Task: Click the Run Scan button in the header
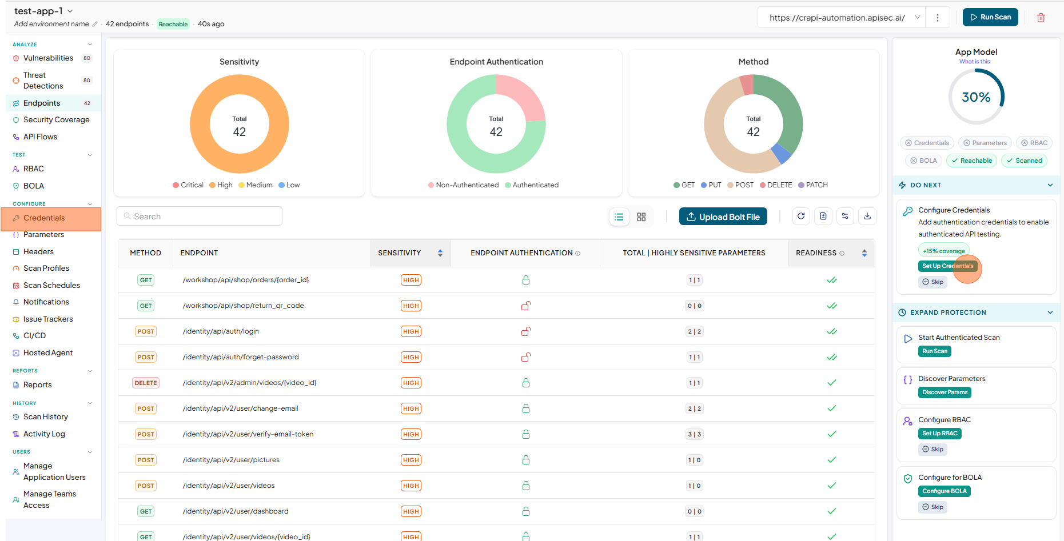[x=990, y=17]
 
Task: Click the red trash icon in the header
[x=1041, y=18]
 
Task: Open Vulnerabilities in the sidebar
[x=48, y=58]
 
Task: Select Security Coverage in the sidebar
[x=56, y=120]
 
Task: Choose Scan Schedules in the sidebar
[x=51, y=286]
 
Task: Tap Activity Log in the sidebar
[x=44, y=434]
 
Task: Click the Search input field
[x=200, y=217]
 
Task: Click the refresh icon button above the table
[x=801, y=217]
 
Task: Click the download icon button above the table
[x=867, y=217]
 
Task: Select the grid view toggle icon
[x=641, y=217]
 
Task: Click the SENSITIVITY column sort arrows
[x=440, y=253]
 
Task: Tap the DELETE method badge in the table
[x=146, y=383]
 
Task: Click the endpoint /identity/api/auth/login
[x=221, y=331]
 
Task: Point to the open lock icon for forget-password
[x=526, y=357]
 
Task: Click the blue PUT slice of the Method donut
[x=781, y=153]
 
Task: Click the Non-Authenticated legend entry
[x=464, y=185]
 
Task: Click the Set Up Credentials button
[x=947, y=266]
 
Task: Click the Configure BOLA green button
[x=945, y=491]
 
